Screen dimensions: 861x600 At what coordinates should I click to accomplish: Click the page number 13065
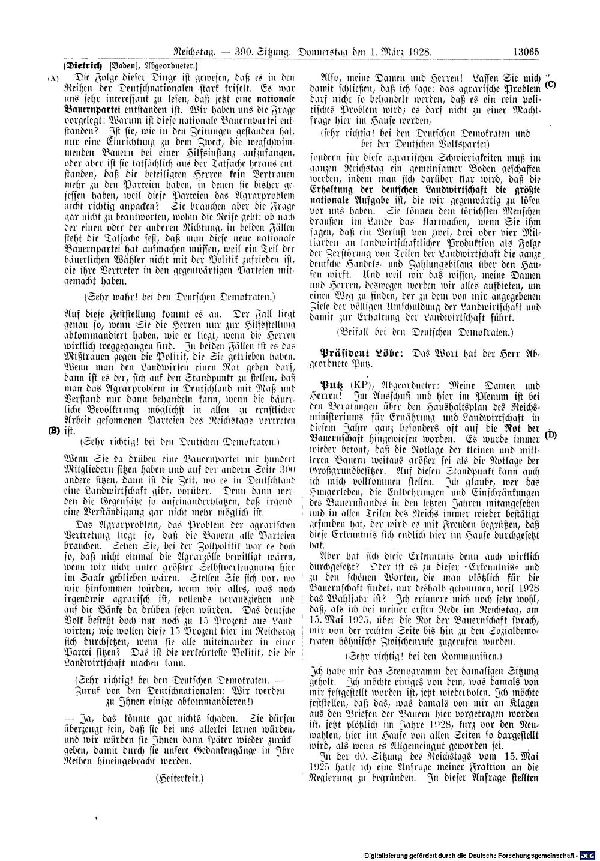point(526,52)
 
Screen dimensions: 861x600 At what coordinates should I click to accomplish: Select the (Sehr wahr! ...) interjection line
point(179,296)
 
